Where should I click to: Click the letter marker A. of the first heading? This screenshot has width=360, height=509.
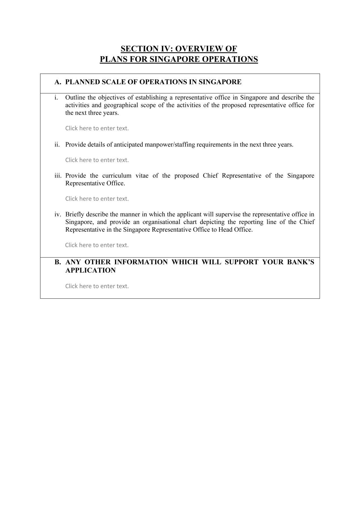[x=58, y=82]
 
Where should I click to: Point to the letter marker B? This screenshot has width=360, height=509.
[x=58, y=262]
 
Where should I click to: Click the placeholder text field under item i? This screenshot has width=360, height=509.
[x=97, y=128]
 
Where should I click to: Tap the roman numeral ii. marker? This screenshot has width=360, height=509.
[x=57, y=144]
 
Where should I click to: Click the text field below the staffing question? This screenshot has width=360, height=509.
[x=97, y=160]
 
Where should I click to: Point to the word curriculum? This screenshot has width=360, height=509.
[x=117, y=176]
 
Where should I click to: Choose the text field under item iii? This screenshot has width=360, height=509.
[x=97, y=199]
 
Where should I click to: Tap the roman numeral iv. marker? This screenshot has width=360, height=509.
[x=58, y=214]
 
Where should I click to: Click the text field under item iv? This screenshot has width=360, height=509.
[x=97, y=245]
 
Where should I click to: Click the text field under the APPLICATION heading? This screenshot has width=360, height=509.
[x=97, y=286]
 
